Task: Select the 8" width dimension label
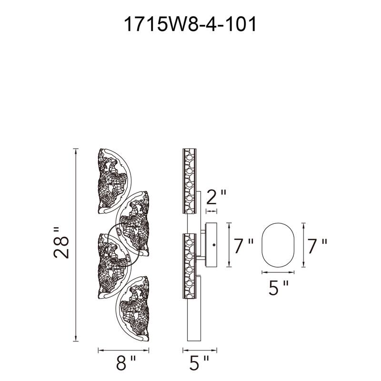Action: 126,364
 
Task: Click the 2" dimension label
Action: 215,195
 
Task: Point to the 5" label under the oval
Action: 279,288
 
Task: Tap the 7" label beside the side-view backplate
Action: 244,246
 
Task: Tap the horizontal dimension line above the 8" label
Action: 126,351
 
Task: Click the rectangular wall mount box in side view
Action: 211,244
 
